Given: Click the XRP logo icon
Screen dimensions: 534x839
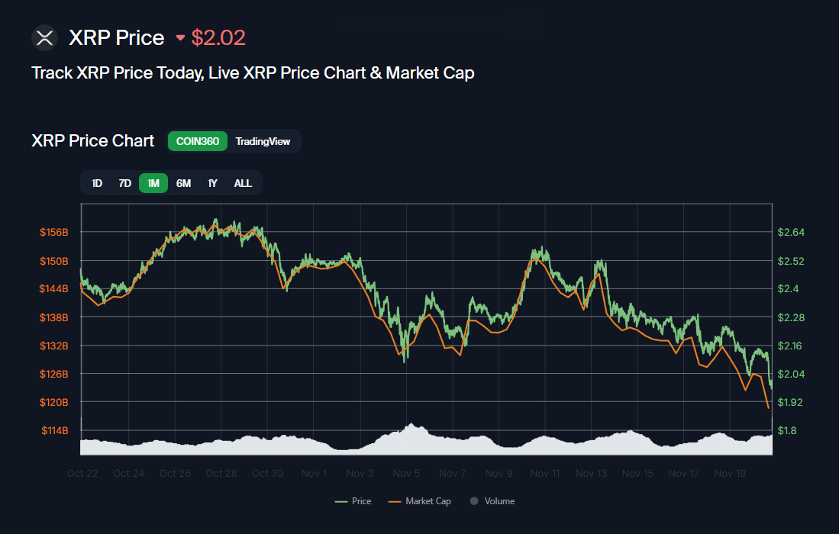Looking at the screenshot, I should pyautogui.click(x=45, y=37).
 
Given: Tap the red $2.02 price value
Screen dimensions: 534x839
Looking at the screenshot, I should pyautogui.click(x=218, y=37).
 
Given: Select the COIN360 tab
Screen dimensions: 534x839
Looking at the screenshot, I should pyautogui.click(x=198, y=141).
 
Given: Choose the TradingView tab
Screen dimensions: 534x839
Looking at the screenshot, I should pyautogui.click(x=263, y=141).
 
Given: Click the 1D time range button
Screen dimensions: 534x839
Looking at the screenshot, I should pyautogui.click(x=97, y=183).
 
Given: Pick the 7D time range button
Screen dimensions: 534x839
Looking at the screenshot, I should pyautogui.click(x=124, y=183).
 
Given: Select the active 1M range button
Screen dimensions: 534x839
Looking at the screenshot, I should pyautogui.click(x=153, y=183).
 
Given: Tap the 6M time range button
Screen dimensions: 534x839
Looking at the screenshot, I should pyautogui.click(x=183, y=183).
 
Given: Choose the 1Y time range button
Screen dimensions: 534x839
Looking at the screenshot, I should pyautogui.click(x=212, y=183).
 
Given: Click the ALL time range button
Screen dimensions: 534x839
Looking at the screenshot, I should pyautogui.click(x=243, y=183).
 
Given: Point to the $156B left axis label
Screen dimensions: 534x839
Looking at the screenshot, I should pyautogui.click(x=54, y=232).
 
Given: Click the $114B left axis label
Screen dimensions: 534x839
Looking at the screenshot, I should pyautogui.click(x=54, y=430).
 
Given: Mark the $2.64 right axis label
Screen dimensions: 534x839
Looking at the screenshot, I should pyautogui.click(x=791, y=232).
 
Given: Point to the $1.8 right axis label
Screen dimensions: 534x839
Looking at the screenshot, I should pyautogui.click(x=788, y=430).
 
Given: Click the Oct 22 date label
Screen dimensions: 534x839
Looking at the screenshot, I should pyautogui.click(x=82, y=473).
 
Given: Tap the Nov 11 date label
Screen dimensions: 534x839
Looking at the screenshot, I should pyautogui.click(x=545, y=473).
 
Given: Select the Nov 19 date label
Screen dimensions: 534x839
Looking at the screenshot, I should pyautogui.click(x=730, y=473).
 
